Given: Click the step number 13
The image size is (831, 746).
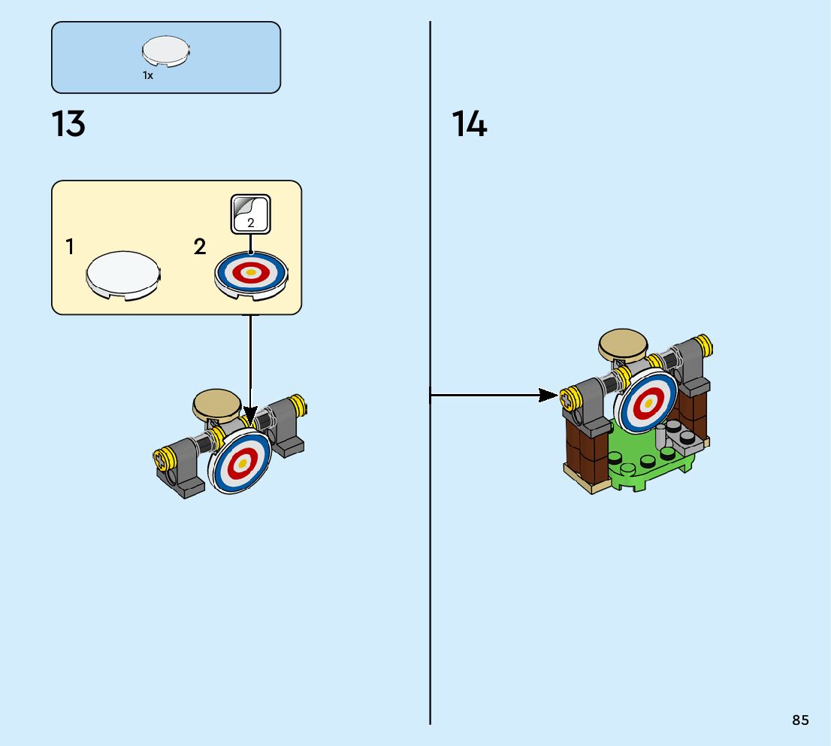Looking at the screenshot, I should [68, 124].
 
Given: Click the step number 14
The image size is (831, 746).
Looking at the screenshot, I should [470, 124].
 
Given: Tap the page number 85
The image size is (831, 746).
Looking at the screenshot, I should [800, 720].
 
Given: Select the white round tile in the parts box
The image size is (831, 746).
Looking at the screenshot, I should [165, 52].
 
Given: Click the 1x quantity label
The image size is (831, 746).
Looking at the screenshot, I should [148, 75].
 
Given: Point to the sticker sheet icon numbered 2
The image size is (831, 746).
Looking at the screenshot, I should [250, 214].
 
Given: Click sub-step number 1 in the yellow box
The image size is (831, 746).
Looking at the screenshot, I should [70, 247].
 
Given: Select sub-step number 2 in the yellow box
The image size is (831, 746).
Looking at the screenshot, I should [200, 247].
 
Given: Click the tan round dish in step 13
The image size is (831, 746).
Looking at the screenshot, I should [216, 404].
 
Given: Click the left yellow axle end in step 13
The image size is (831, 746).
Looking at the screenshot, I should [162, 456].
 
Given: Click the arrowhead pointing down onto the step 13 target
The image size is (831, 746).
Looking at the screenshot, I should [250, 416].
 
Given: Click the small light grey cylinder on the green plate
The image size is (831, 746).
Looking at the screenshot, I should [661, 437].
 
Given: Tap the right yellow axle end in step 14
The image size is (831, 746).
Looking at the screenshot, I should [703, 345].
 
